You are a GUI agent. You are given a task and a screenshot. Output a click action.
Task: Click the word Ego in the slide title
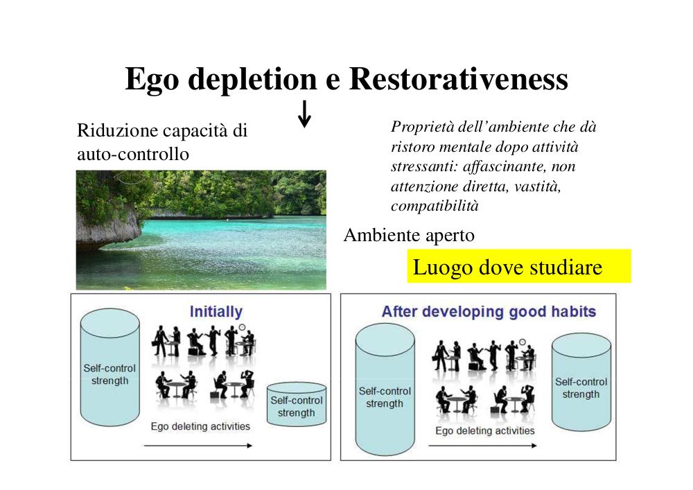[152, 80]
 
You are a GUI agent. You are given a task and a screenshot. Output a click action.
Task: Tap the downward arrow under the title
[304, 114]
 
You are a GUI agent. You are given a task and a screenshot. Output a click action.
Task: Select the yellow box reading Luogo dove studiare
[519, 266]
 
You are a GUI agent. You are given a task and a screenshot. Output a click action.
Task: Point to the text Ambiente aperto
[409, 235]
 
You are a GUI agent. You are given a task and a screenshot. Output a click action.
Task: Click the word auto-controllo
[133, 154]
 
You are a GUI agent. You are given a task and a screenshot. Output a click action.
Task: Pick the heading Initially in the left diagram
[216, 312]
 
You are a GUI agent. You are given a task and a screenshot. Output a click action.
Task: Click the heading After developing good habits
[489, 311]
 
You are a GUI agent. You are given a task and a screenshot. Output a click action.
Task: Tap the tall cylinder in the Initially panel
[109, 367]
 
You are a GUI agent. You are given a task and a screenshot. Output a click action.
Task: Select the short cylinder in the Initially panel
[297, 404]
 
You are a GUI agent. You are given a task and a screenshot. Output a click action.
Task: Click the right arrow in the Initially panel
[198, 446]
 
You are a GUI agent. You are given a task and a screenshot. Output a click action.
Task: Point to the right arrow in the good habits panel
[482, 446]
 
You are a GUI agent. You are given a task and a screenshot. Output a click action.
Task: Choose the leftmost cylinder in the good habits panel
[385, 390]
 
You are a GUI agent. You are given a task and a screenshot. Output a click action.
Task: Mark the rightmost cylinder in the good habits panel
[581, 383]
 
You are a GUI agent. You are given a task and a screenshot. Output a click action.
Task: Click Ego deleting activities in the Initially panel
[200, 426]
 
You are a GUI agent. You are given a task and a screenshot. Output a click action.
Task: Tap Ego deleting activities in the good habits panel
[485, 431]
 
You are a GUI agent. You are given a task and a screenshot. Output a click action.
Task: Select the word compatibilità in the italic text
[435, 206]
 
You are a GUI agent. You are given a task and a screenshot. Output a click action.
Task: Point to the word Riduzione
[118, 131]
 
